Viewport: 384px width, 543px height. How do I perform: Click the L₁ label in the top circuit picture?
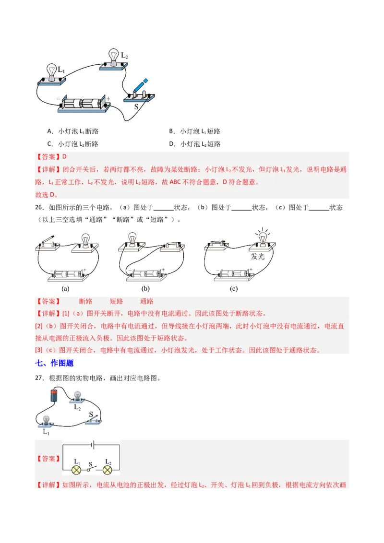[61, 70]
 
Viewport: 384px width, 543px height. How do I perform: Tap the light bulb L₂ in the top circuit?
[114, 57]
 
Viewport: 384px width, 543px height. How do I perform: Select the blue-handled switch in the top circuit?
[140, 89]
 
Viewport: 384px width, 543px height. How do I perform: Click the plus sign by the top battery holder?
[108, 99]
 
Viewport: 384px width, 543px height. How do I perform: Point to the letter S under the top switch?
[136, 107]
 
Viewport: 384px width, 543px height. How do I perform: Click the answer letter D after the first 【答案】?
[64, 156]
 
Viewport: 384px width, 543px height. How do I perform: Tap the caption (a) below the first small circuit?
[66, 289]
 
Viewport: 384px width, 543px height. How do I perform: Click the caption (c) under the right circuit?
[234, 289]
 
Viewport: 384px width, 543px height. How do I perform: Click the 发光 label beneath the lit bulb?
[258, 256]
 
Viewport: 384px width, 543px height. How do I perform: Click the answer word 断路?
[85, 301]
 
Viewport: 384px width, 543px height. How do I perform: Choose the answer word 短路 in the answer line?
[116, 301]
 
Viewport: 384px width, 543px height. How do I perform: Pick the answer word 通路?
[146, 301]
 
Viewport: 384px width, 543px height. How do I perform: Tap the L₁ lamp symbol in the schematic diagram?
[76, 469]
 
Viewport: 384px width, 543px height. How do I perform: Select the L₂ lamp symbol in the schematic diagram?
[107, 469]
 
